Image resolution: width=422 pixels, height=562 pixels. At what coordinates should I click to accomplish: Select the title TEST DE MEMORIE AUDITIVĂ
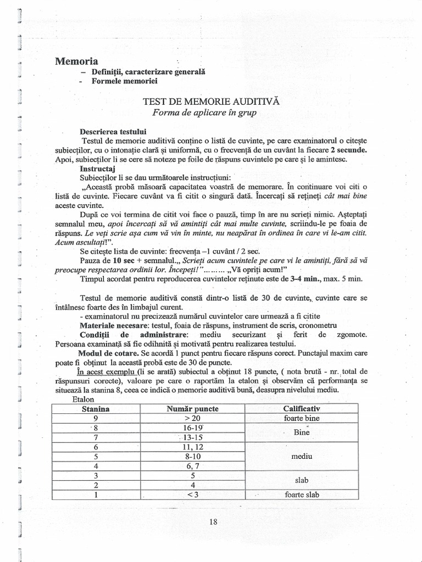coord(212,102)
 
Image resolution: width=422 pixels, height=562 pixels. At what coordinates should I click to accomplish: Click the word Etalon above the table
coord(84,399)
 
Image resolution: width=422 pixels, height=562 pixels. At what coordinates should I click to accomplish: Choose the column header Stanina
coord(96,409)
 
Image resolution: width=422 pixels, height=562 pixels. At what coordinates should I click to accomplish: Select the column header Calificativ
coord(302,409)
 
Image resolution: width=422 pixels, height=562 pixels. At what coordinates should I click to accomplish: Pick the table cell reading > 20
coord(192,418)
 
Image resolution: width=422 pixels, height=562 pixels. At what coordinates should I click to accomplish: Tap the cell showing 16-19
coord(192,428)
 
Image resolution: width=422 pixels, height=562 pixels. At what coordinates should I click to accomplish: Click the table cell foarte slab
coord(302,494)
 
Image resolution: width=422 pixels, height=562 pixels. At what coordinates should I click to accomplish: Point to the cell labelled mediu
coord(302,456)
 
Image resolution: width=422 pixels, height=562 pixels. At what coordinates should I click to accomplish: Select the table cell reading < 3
coord(192,494)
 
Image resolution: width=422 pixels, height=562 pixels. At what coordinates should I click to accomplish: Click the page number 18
coord(214,522)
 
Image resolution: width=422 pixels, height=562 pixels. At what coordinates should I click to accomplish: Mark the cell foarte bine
coord(302,418)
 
